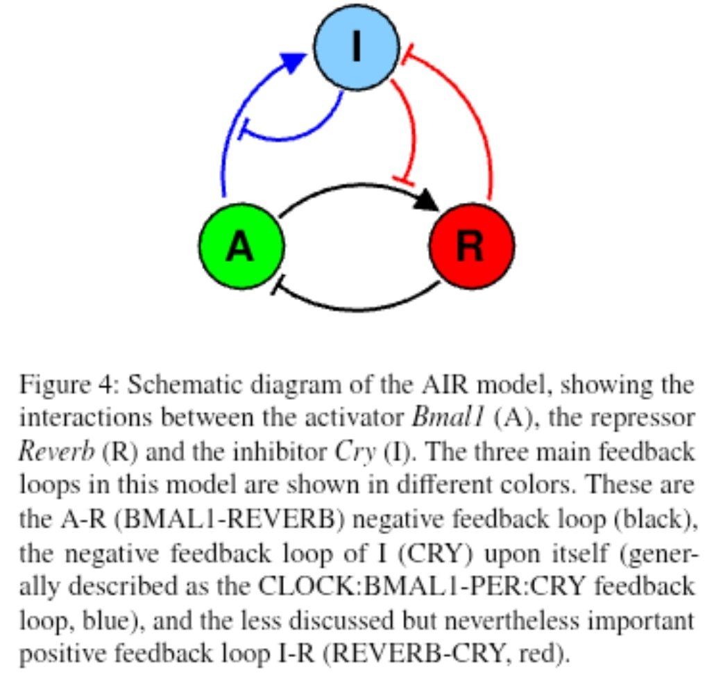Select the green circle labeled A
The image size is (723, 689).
(x=241, y=246)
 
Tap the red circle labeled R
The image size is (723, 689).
(x=472, y=246)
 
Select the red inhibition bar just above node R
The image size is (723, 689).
(x=403, y=179)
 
